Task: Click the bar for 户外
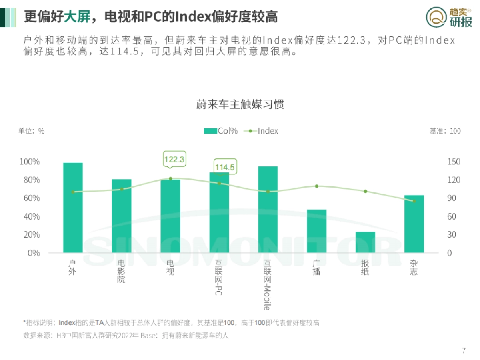(73, 208)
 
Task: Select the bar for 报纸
(365, 242)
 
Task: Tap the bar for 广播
(316, 231)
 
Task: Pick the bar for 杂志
(414, 224)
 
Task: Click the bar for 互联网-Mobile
(268, 210)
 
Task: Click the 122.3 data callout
(174, 159)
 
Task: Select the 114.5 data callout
(224, 167)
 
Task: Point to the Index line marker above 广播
(316, 186)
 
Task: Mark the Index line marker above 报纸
(365, 191)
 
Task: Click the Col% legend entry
(221, 131)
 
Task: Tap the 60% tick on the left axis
(30, 198)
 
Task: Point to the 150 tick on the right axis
(454, 162)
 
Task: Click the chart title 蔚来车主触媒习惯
(240, 104)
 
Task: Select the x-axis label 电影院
(121, 271)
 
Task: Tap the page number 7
(464, 351)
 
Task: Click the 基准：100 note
(445, 131)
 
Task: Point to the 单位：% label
(31, 131)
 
